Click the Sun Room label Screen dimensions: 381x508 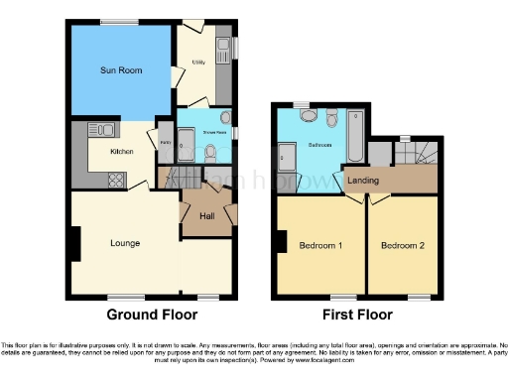[x=118, y=70]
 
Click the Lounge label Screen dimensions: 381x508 [x=125, y=243]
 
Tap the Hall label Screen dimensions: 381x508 [x=206, y=215]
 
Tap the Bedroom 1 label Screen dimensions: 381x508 [x=320, y=245]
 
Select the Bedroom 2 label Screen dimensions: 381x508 [x=403, y=245]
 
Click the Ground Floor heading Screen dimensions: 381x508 [x=152, y=315]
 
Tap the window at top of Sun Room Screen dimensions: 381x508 [x=119, y=22]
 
